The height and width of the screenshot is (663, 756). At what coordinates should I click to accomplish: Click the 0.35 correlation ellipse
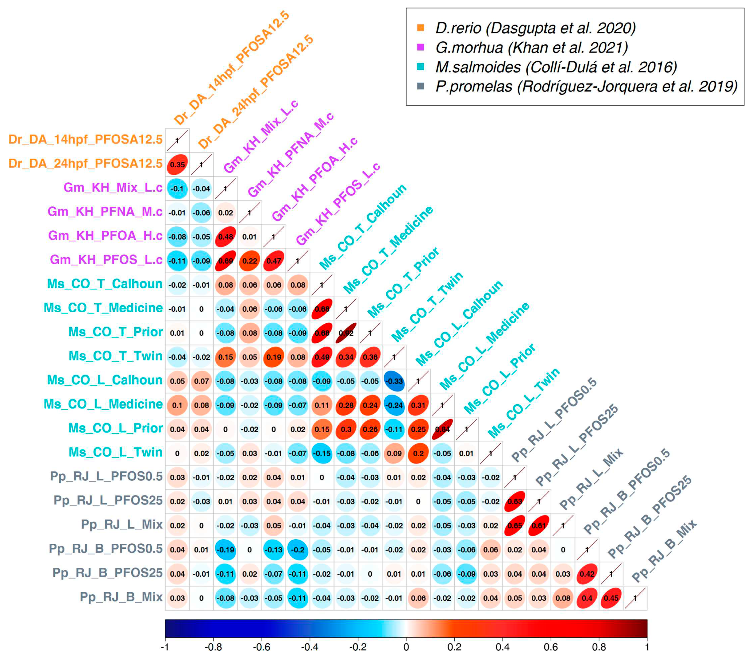click(x=177, y=165)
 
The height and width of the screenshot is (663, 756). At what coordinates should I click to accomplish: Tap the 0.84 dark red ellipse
click(x=442, y=429)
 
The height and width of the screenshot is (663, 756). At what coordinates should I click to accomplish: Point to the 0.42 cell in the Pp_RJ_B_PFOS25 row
click(x=587, y=574)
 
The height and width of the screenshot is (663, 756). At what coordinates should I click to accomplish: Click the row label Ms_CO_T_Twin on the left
click(x=115, y=356)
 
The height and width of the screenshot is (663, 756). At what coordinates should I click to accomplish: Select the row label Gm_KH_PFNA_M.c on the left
click(x=105, y=212)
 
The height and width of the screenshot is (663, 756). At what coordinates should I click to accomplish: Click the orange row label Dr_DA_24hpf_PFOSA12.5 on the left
click(x=85, y=163)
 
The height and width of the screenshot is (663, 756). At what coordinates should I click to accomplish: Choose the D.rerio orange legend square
click(x=420, y=28)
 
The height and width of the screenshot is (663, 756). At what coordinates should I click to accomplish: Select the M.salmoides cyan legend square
click(x=420, y=67)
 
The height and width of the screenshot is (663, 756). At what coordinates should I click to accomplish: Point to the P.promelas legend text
click(x=586, y=87)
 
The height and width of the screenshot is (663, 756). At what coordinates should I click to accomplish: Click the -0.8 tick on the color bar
click(x=213, y=647)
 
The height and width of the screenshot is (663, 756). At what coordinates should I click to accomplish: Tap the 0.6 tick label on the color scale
click(x=550, y=647)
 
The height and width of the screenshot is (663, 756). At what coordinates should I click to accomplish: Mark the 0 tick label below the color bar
click(x=406, y=647)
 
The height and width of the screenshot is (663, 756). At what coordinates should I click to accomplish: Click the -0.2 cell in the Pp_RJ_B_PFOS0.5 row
click(x=298, y=550)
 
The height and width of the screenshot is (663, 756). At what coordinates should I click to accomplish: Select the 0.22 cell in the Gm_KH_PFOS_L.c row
click(x=250, y=261)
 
